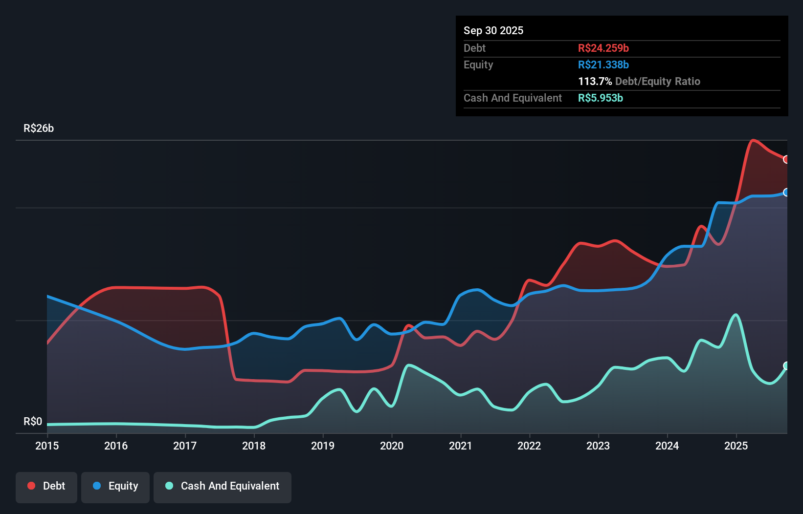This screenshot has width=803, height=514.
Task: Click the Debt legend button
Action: [46, 487]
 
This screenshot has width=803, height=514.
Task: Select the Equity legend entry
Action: [115, 487]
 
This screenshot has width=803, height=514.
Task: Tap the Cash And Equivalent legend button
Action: [223, 487]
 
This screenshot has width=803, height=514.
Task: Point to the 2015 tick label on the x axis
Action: [47, 446]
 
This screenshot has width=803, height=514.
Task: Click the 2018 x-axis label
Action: [254, 446]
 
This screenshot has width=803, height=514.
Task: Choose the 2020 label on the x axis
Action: [392, 446]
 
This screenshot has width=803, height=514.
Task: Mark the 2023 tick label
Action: [598, 446]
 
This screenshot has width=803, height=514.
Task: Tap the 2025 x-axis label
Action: [736, 446]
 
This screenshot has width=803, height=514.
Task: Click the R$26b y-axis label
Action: [39, 128]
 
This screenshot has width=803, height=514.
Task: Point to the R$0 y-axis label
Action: [33, 421]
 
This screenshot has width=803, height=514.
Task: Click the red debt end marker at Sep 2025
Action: [786, 159]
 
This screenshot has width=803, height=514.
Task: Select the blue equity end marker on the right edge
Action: [786, 192]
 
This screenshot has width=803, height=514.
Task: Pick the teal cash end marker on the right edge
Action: [786, 365]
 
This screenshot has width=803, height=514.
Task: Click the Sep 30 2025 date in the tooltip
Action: [493, 30]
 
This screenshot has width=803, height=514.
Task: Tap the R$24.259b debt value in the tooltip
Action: [603, 48]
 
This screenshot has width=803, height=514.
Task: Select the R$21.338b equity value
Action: [603, 64]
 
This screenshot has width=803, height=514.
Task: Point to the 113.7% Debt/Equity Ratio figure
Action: [639, 81]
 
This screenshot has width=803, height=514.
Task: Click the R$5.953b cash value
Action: [600, 98]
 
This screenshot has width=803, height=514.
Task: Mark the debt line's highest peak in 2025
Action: [753, 140]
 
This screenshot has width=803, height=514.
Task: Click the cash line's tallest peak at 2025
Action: [736, 315]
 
